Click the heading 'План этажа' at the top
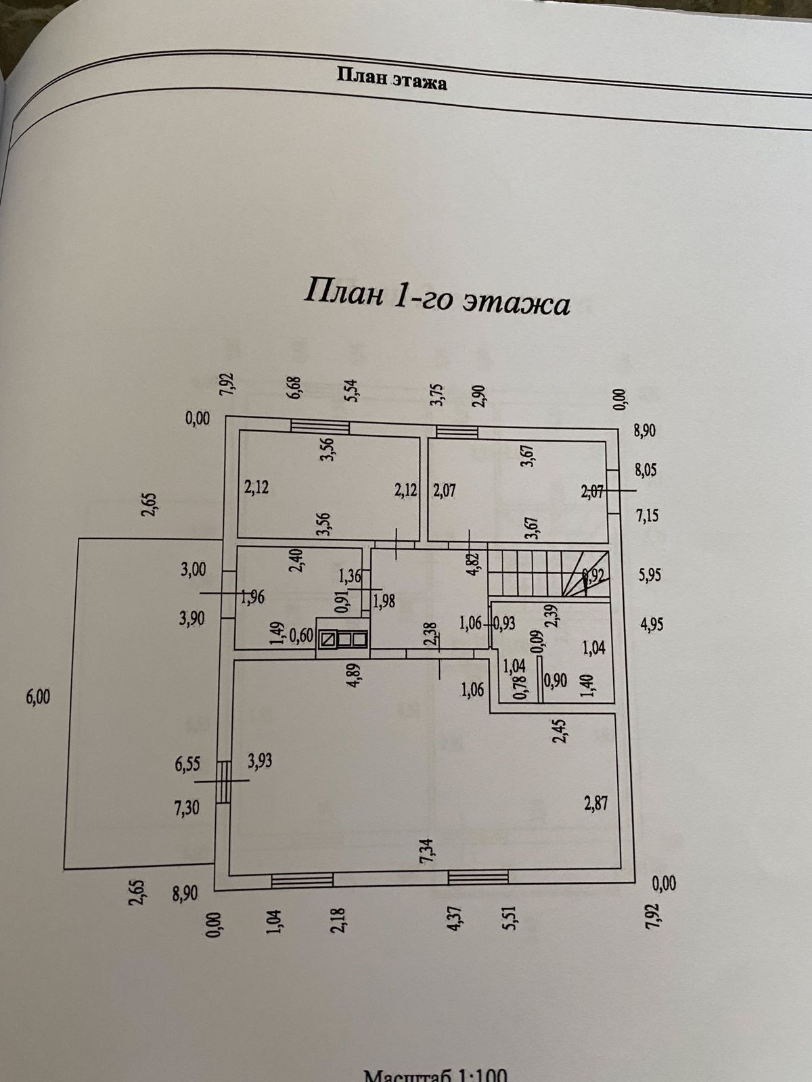(x=392, y=78)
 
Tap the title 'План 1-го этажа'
(x=437, y=297)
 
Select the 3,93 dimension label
(x=260, y=761)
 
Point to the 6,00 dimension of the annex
(x=38, y=697)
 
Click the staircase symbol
(x=548, y=572)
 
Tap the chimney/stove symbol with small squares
(x=344, y=638)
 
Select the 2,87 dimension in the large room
(x=596, y=803)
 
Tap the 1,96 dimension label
(x=253, y=597)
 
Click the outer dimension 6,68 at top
(x=296, y=390)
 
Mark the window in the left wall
(x=223, y=779)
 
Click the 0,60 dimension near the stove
(x=302, y=636)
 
